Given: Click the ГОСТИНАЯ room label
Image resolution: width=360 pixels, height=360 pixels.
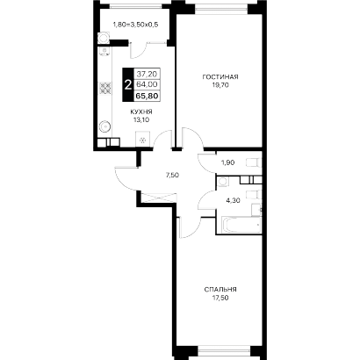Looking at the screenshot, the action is [x=220, y=77].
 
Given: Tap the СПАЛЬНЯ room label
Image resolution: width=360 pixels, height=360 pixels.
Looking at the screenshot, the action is [x=220, y=290].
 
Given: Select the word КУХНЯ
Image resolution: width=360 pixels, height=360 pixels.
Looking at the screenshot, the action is [x=141, y=112].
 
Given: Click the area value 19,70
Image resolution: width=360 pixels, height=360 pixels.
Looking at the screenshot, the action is [x=220, y=85].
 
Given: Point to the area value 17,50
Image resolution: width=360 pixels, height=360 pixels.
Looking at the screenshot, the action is [x=220, y=298].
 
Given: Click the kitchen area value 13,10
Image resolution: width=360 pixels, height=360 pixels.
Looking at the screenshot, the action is [x=142, y=119].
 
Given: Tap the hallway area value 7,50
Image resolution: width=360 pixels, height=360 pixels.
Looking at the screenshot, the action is [x=172, y=175].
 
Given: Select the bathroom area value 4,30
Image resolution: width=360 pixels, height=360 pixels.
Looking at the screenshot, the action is [x=234, y=200].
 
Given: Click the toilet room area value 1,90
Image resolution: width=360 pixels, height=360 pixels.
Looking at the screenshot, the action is [x=227, y=162].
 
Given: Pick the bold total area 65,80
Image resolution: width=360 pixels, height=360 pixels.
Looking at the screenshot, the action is [x=148, y=96].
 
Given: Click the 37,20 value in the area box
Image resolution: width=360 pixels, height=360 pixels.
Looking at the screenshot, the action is [x=147, y=73].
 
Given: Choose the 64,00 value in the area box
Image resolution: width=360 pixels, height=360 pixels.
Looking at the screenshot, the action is [x=147, y=84].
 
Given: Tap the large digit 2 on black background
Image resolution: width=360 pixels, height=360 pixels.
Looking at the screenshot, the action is [x=127, y=85].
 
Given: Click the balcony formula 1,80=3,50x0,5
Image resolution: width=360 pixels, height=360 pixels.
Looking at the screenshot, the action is [x=135, y=25].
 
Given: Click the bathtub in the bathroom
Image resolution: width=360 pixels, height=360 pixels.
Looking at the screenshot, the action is [x=241, y=225].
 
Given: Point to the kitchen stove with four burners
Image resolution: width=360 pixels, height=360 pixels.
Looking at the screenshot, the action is [x=105, y=88].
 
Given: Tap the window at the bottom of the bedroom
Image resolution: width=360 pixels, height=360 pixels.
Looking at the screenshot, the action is [x=225, y=350].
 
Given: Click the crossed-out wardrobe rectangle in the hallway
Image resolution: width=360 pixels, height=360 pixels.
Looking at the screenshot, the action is [x=158, y=198].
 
